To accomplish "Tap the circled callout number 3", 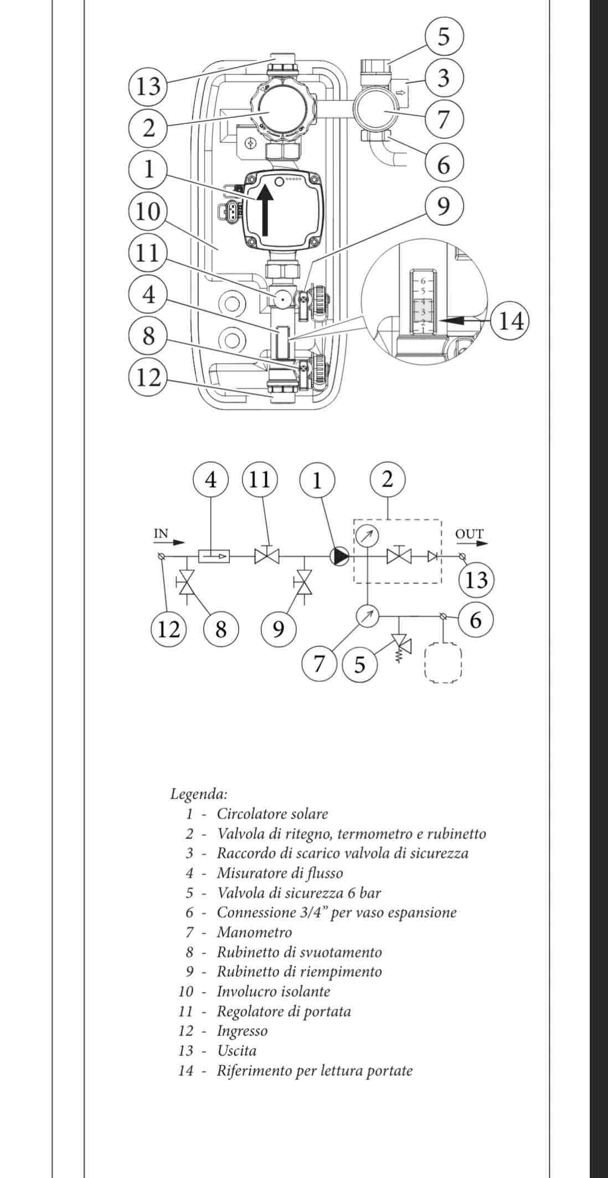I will [443, 78].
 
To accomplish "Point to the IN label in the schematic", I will [161, 534].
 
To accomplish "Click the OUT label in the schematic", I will [469, 534].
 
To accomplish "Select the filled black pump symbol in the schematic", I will [340, 556].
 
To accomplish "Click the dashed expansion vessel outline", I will [443, 662].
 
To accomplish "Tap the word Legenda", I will [198, 794].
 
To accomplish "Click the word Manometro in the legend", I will [254, 932].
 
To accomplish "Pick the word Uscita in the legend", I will [236, 1051].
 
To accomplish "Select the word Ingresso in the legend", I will [242, 1031].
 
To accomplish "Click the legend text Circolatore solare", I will [272, 814].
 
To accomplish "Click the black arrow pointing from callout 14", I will [463, 320].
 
